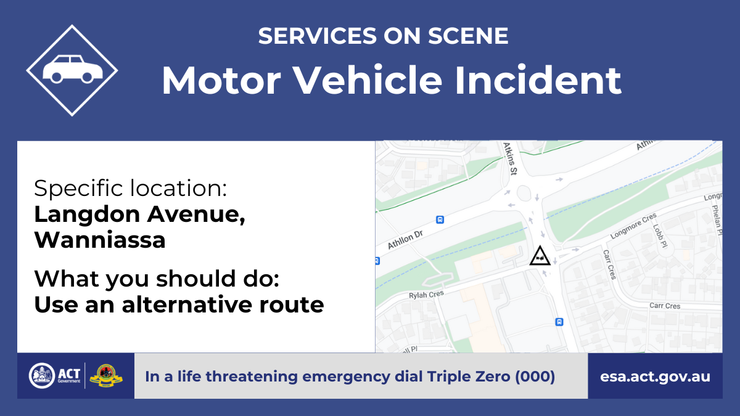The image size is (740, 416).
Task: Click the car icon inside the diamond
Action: pos(73,68)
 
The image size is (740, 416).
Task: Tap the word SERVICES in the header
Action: pos(318,36)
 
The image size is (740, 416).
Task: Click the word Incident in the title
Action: pos(538,80)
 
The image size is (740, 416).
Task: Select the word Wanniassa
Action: pos(100,240)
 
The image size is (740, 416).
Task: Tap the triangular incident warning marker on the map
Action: pos(540,256)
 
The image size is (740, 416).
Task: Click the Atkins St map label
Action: pos(511,158)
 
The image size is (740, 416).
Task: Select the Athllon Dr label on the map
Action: pos(405,239)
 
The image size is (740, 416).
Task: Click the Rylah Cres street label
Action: pos(426,295)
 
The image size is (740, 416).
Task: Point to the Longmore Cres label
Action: pos(633,226)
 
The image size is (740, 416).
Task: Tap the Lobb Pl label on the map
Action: pos(660,235)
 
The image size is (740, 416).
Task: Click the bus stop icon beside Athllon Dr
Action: pos(440,219)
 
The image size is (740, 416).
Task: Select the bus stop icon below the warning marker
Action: pos(559,322)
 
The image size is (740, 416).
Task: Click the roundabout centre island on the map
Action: pos(524,193)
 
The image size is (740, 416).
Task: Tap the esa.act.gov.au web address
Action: pos(655,377)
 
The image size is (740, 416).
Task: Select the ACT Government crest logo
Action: pos(42,376)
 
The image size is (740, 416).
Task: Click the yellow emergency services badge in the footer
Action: pos(106,376)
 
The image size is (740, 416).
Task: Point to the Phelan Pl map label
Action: pos(716,220)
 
